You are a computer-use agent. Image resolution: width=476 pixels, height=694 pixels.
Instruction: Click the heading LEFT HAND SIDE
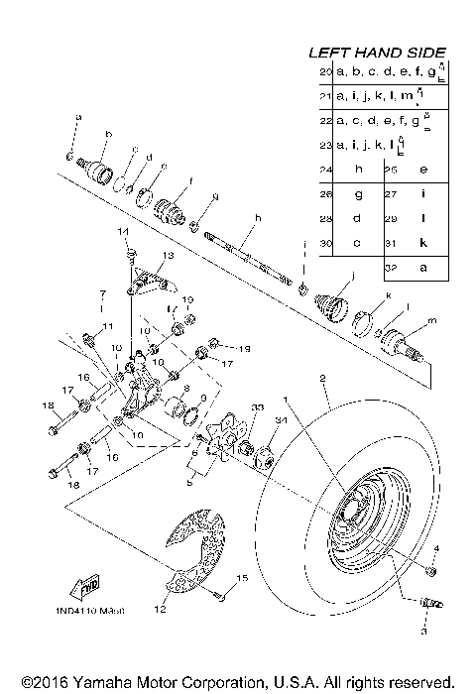[379, 52]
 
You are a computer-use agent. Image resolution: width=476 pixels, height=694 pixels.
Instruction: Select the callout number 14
[125, 232]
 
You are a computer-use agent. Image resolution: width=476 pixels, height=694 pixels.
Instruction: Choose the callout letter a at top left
[76, 117]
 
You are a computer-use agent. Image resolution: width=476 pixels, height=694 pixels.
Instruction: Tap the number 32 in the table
[396, 267]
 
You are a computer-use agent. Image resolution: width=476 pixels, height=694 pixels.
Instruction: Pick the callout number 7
[100, 294]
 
